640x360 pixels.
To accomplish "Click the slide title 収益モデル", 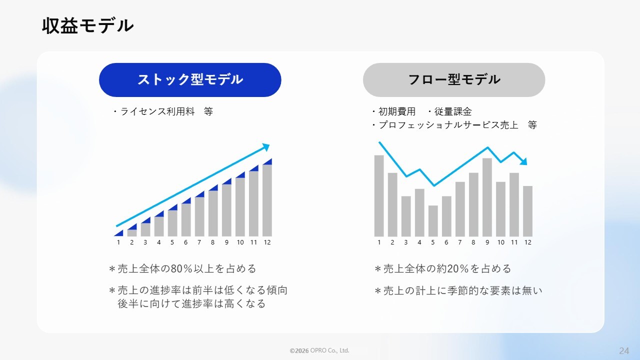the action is click(87, 26).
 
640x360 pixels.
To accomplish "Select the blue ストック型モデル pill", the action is click(190, 79).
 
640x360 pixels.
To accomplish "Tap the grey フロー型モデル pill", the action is click(454, 79).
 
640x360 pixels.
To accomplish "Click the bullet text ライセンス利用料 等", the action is click(163, 111).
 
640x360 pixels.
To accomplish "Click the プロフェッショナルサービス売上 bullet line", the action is click(454, 125).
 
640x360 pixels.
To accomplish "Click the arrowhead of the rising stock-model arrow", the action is click(266, 147).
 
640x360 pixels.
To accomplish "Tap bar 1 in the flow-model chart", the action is click(379, 196).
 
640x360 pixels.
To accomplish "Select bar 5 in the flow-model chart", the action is click(433, 221).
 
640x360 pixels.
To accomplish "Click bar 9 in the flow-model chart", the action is click(487, 197).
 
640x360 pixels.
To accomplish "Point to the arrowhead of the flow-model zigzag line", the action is click(523, 161).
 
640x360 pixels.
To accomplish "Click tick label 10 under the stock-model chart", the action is click(240, 242).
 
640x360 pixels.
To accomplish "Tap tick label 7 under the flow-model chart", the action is click(459, 242).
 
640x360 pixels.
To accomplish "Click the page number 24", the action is click(624, 351).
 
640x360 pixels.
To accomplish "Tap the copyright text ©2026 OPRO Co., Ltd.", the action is click(319, 350).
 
